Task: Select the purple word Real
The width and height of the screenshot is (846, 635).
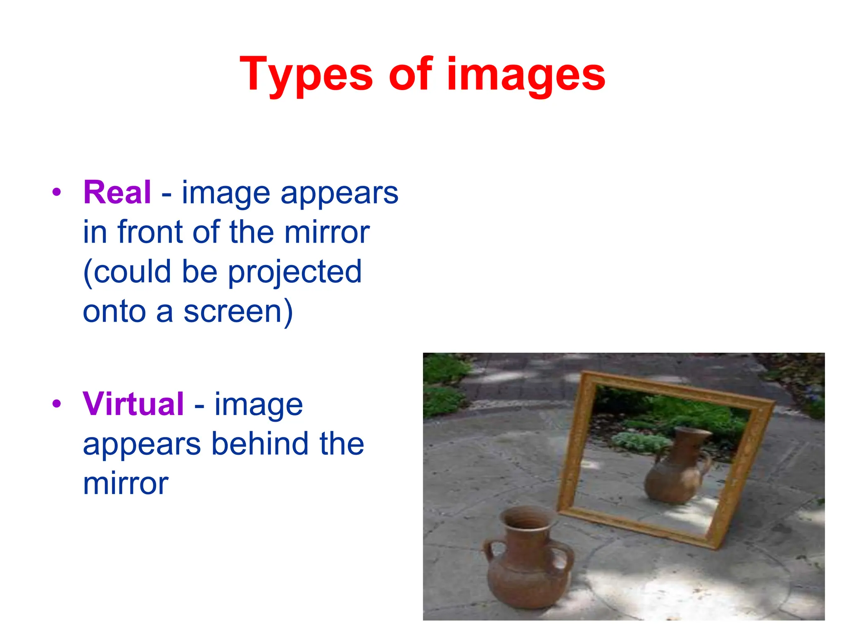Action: [x=117, y=193]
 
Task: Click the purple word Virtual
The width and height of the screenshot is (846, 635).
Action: [x=133, y=404]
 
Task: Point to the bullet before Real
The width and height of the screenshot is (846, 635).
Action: [x=57, y=192]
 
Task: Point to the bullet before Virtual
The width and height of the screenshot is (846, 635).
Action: [x=57, y=404]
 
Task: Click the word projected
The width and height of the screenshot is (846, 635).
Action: [x=295, y=272]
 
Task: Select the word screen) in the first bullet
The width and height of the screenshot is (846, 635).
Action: [x=238, y=312]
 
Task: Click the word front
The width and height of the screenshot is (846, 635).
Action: [x=150, y=232]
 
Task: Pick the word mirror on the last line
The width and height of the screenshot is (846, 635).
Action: [x=126, y=483]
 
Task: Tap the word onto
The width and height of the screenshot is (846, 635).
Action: [x=114, y=312]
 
